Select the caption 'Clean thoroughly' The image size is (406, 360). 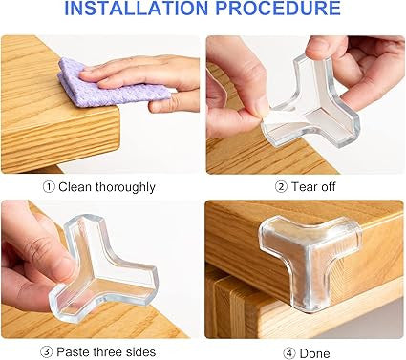111,186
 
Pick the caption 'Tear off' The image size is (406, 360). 311,186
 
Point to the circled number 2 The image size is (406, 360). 281,186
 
